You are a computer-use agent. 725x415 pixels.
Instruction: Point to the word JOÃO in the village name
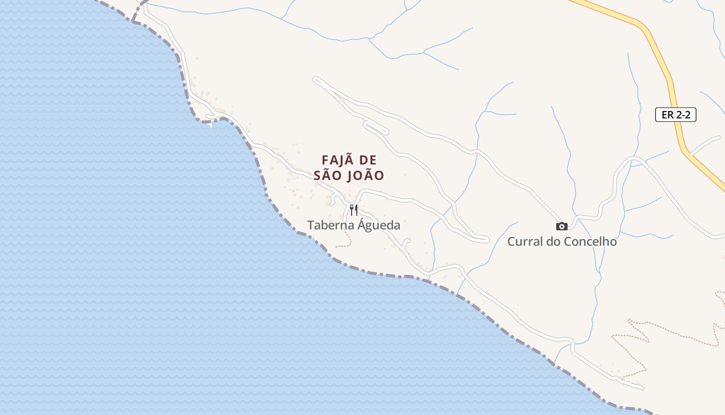coord(365,175)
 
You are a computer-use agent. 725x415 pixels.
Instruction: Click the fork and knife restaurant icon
coord(354,210)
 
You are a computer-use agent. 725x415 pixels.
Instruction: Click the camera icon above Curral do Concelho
coord(562,226)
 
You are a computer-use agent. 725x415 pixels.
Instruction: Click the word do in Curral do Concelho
coord(552,241)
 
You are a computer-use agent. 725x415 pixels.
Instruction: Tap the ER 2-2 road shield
coord(676,115)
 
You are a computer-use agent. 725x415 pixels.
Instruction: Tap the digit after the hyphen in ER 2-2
coord(687,115)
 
